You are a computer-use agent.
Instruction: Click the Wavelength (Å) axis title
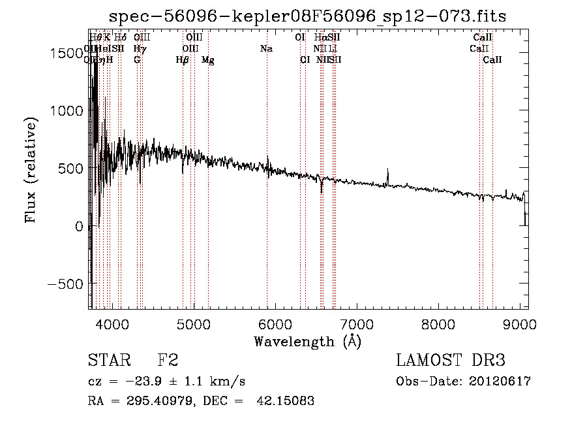[x=307, y=340]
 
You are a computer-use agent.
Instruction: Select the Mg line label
[x=207, y=60]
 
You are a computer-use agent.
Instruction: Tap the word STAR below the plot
[x=107, y=361]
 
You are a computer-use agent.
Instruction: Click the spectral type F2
[x=168, y=361]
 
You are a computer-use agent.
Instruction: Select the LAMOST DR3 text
[x=450, y=361]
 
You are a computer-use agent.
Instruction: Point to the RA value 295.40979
[x=157, y=401]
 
